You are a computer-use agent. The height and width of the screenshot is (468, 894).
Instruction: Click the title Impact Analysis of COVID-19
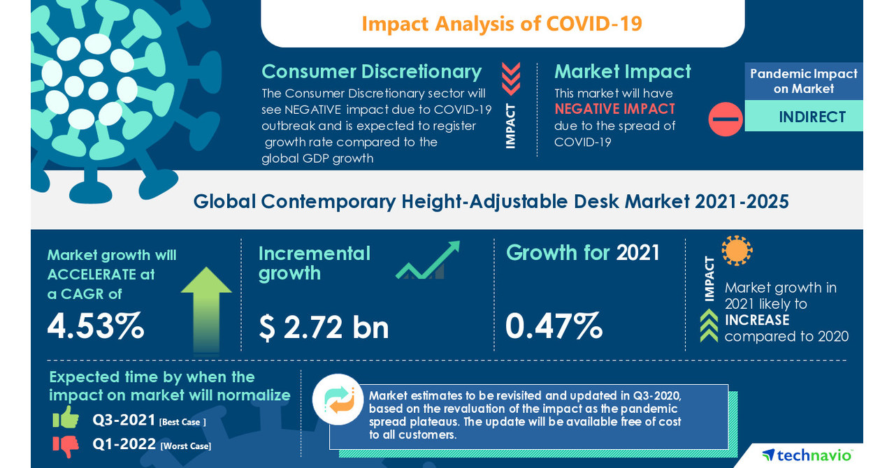pyautogui.click(x=502, y=24)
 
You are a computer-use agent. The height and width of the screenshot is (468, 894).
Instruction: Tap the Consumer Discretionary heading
pyautogui.click(x=371, y=71)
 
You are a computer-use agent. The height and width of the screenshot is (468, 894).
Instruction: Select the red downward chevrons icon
pyautogui.click(x=511, y=79)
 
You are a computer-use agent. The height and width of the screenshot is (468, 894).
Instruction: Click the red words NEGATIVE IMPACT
pyautogui.click(x=614, y=109)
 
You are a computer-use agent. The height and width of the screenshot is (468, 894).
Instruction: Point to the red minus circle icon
pyautogui.click(x=725, y=119)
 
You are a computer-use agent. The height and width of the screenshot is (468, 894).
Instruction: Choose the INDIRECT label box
pyautogui.click(x=812, y=117)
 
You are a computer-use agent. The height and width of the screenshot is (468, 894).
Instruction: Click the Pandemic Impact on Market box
pyautogui.click(x=803, y=81)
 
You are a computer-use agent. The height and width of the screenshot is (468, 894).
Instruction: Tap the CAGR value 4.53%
pyautogui.click(x=96, y=327)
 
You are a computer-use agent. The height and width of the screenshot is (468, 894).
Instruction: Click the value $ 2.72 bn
pyautogui.click(x=324, y=327)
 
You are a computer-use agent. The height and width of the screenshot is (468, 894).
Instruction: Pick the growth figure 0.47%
pyautogui.click(x=554, y=326)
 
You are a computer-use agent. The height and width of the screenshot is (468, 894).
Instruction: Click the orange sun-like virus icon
pyautogui.click(x=736, y=250)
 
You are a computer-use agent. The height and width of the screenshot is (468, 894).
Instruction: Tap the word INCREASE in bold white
pyautogui.click(x=756, y=320)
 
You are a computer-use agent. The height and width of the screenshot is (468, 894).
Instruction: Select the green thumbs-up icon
pyautogui.click(x=66, y=418)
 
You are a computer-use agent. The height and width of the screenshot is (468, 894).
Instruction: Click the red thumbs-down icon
pyautogui.click(x=66, y=444)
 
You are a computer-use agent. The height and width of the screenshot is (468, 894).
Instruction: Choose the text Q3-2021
pyautogui.click(x=124, y=421)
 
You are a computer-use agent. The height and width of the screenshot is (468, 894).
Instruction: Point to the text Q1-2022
pyautogui.click(x=124, y=445)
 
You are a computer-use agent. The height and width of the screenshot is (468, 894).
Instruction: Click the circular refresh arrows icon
pyautogui.click(x=338, y=400)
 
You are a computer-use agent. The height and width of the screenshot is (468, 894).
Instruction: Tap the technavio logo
pyautogui.click(x=807, y=455)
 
